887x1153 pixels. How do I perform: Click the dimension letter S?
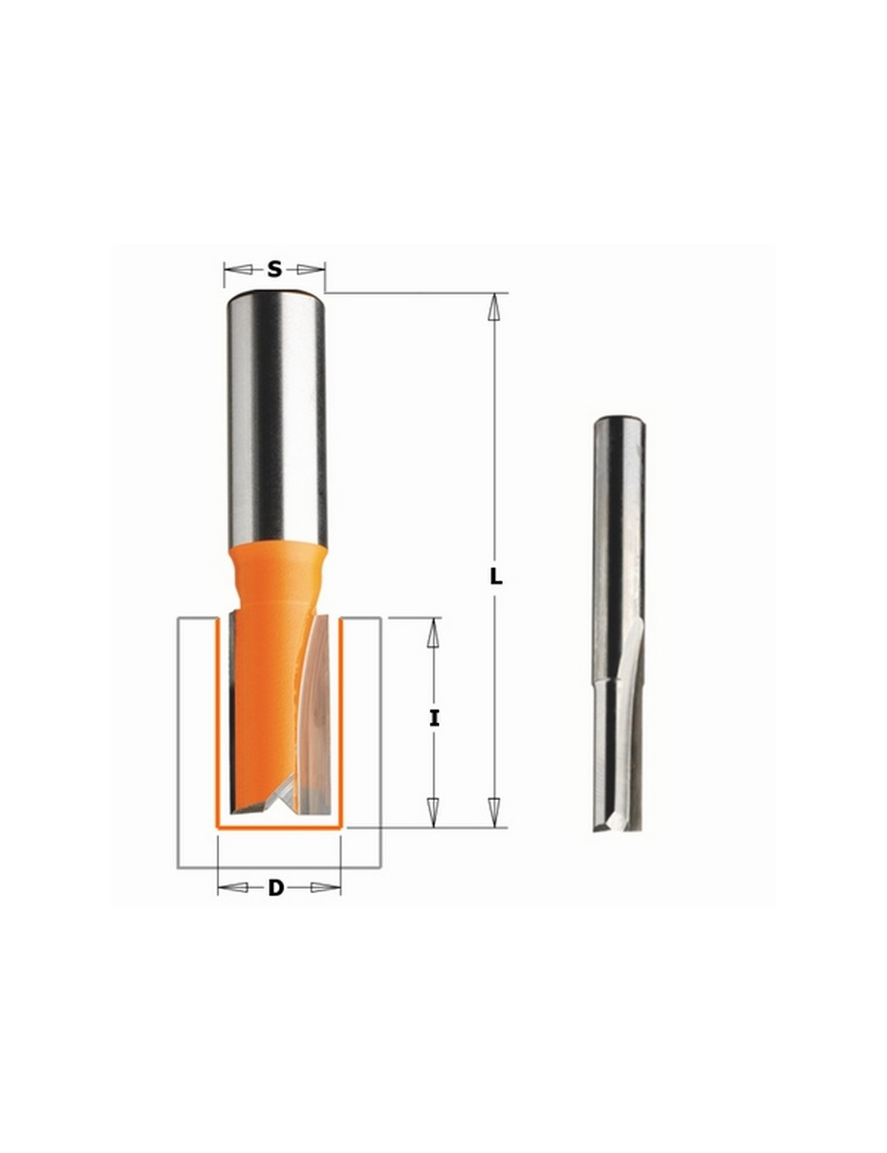[x=274, y=269]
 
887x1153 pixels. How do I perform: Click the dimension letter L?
[x=496, y=577]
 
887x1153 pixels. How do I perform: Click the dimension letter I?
[x=434, y=719]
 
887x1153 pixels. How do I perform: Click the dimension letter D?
[x=276, y=887]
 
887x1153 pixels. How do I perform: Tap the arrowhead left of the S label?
[x=236, y=269]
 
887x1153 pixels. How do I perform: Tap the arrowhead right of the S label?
[x=310, y=269]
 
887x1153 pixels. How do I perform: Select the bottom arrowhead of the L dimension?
[x=495, y=811]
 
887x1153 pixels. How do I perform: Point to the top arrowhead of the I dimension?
[x=434, y=633]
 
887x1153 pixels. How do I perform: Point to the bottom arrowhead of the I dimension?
[x=434, y=812]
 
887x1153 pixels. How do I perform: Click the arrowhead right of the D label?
[x=326, y=887]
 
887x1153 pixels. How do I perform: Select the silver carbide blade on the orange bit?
[x=316, y=710]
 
